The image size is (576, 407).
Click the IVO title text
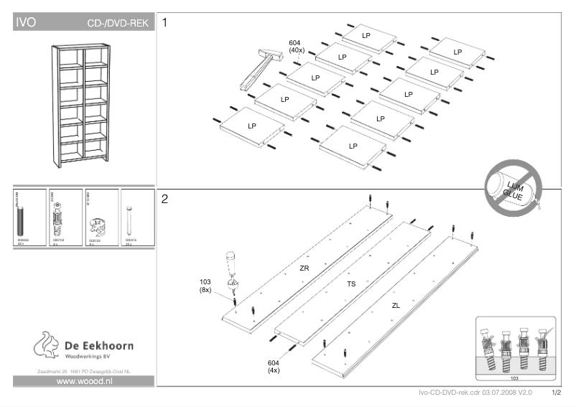coord(27,23)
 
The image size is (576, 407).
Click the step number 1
coord(166,23)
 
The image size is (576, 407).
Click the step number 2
coord(166,199)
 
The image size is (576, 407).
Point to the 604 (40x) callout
coord(297,47)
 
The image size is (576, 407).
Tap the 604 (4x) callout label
coord(274,366)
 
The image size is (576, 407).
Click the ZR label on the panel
coord(304,268)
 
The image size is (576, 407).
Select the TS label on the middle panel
coord(351,284)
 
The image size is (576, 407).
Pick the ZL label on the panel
coord(396,305)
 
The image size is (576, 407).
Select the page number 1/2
coord(557,393)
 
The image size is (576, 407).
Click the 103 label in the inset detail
coord(514,377)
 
